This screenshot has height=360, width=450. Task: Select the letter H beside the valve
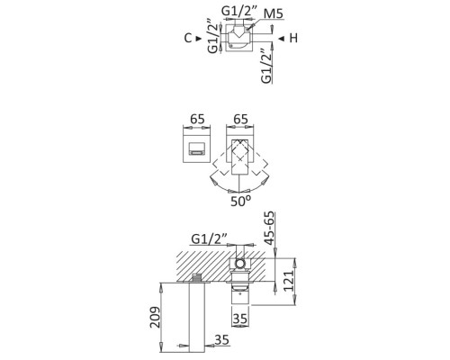point(294,39)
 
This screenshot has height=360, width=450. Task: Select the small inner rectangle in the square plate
point(196,149)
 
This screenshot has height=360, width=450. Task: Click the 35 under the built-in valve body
point(239,317)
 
